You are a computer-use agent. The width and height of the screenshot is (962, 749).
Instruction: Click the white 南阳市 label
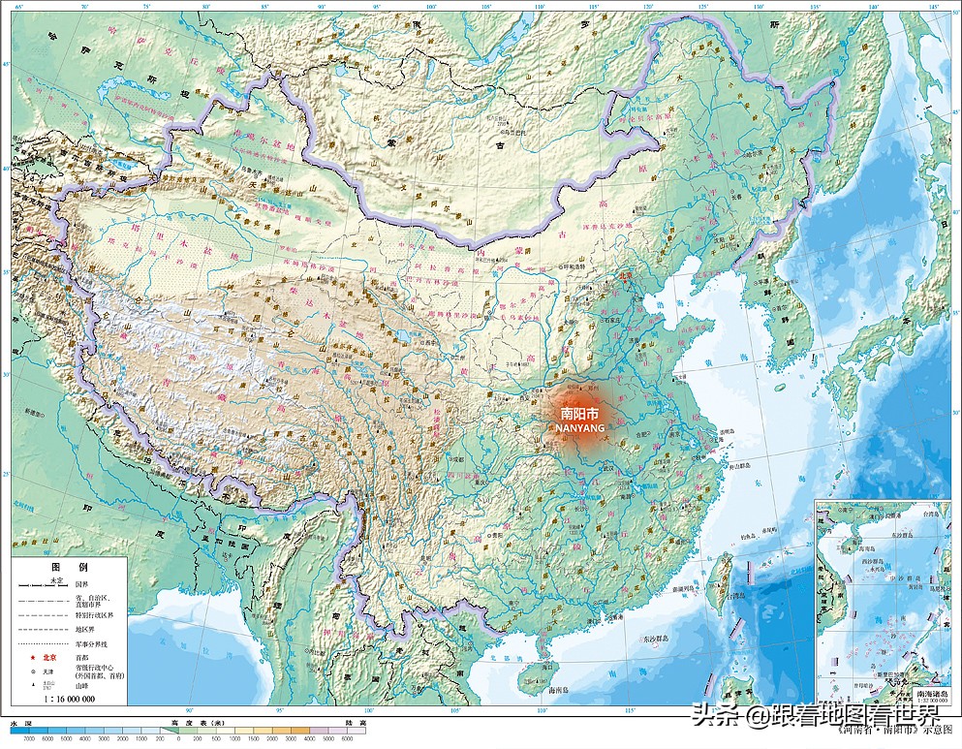(x=580, y=413)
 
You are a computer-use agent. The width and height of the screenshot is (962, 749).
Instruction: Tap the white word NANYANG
(x=581, y=426)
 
